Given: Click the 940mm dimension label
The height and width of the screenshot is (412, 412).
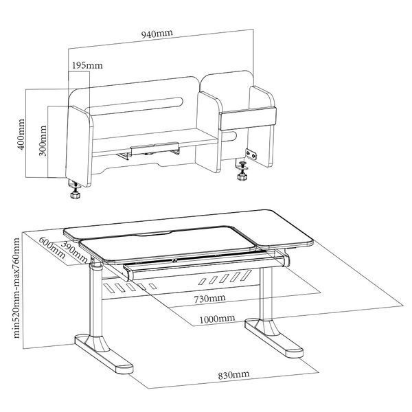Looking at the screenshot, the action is tap(157, 34).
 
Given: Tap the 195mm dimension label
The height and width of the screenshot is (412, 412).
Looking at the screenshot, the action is tap(87, 65).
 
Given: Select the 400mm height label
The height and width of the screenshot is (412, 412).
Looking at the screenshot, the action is tap(21, 135).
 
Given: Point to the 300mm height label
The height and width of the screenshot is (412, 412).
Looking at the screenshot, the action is tap(43, 141).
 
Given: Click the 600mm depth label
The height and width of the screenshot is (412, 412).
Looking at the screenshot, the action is tap(52, 247).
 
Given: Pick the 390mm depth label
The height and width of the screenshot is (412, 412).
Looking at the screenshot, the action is tap(74, 252).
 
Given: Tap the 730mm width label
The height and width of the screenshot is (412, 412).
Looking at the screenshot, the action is tap(209, 299).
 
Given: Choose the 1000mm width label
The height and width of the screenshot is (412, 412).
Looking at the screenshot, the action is tap(217, 319).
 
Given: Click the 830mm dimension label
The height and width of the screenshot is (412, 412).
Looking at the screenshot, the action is tap(233, 375).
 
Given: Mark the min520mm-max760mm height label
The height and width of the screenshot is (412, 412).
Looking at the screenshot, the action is tap(16, 288).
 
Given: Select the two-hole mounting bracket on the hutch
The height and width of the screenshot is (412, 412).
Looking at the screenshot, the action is tap(251, 154).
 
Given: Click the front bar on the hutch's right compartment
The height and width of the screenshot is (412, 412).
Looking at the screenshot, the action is tap(248, 119).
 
